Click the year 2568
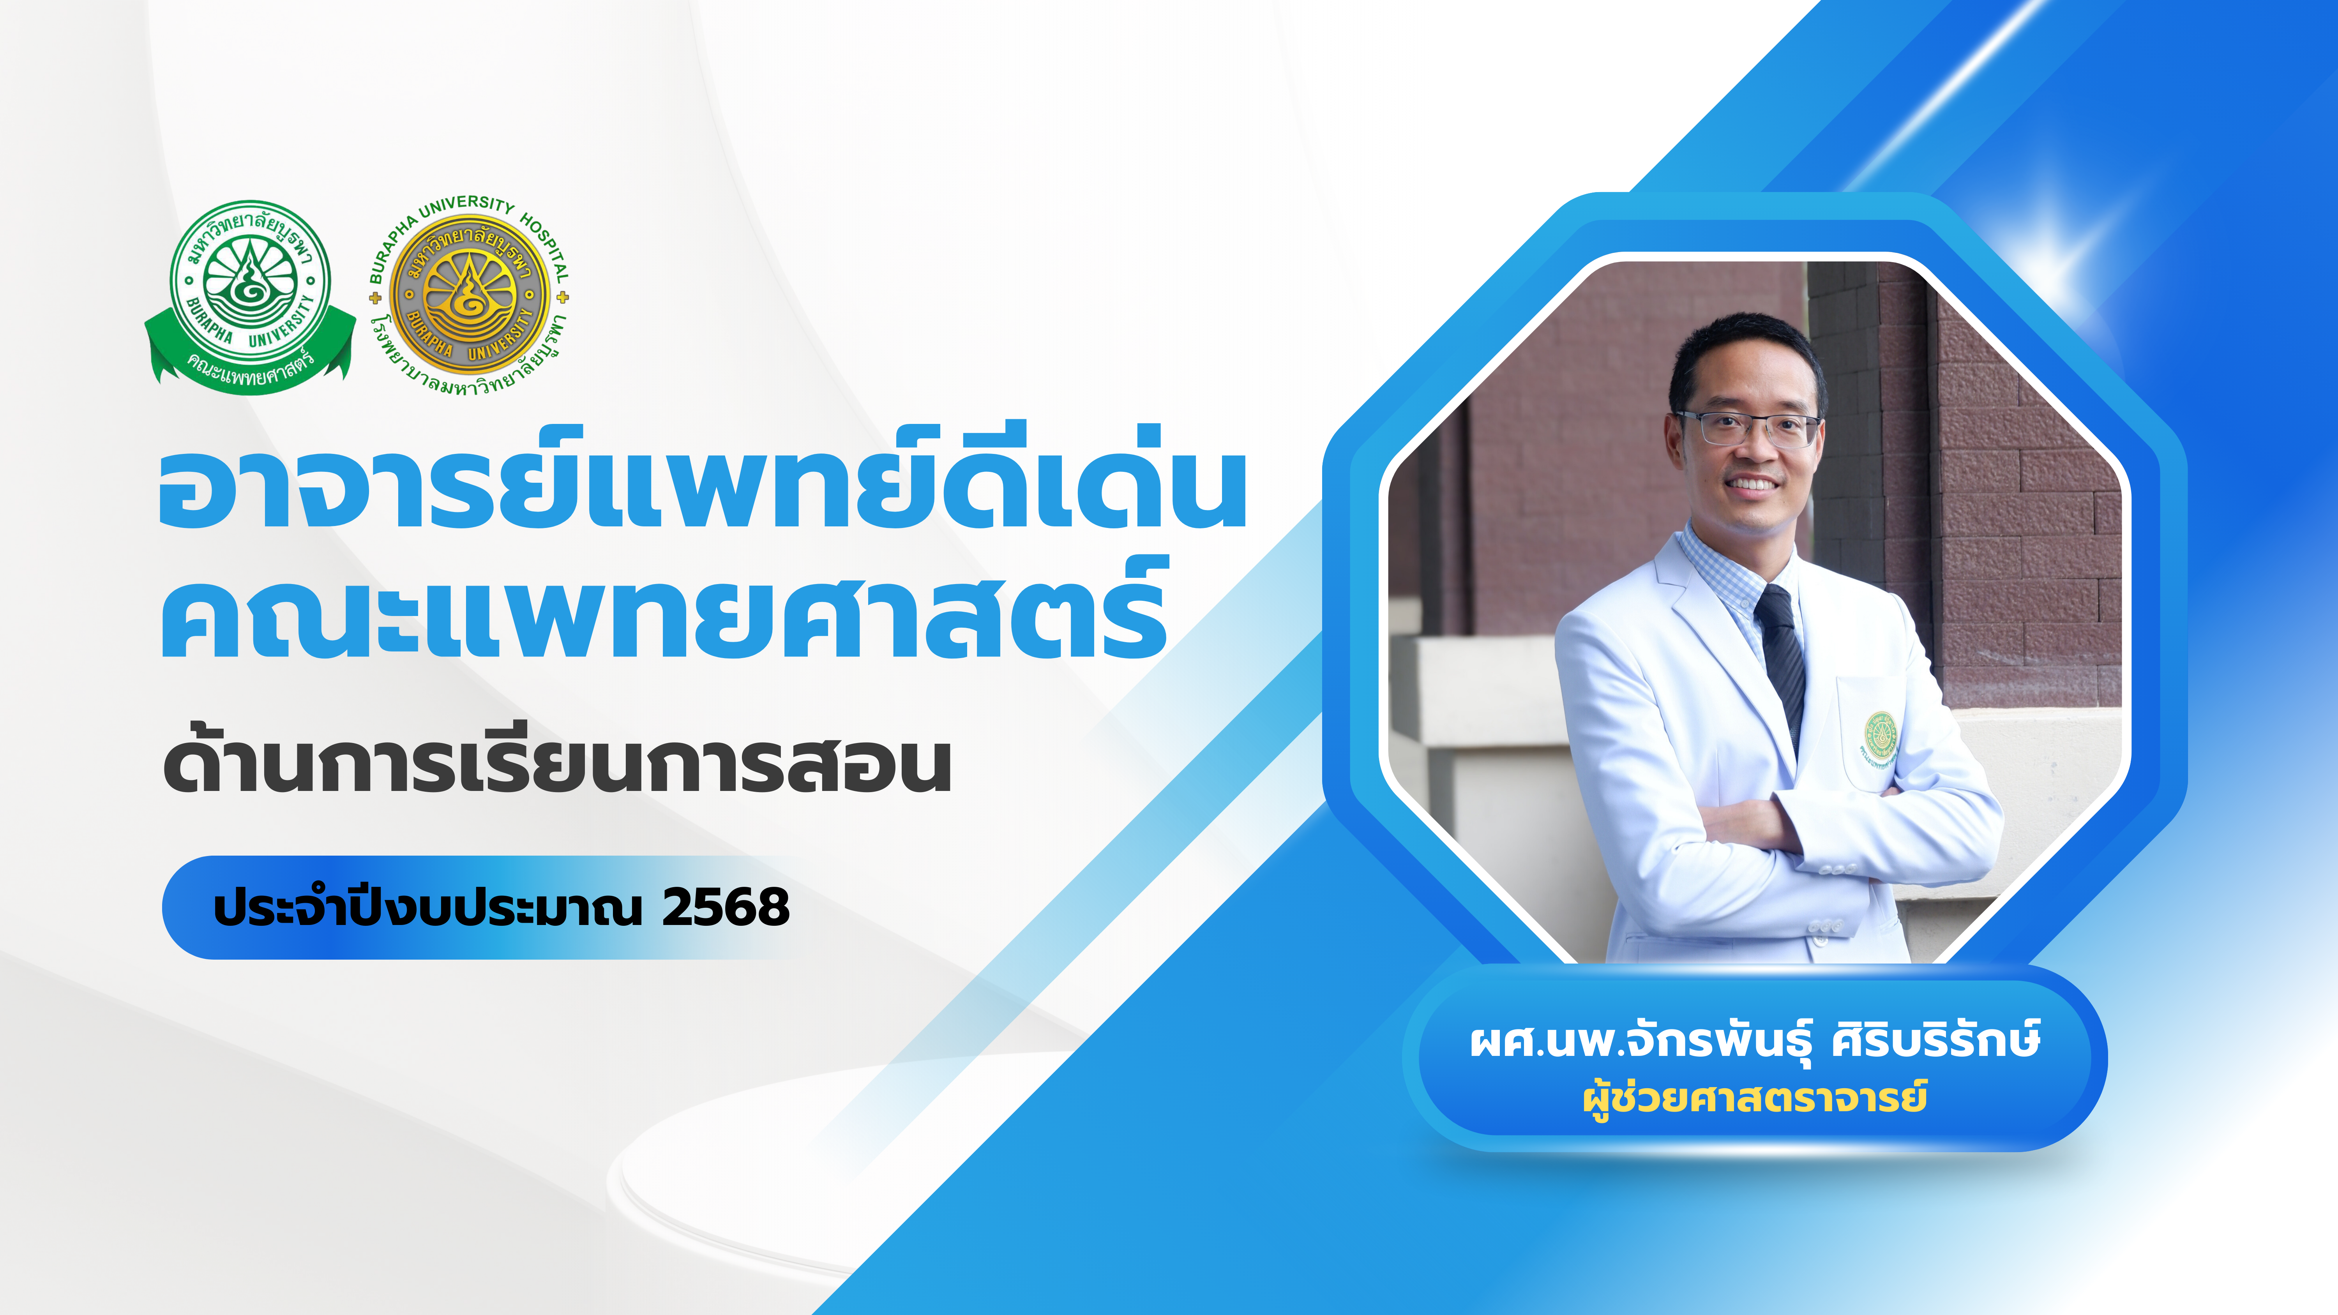[726, 907]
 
